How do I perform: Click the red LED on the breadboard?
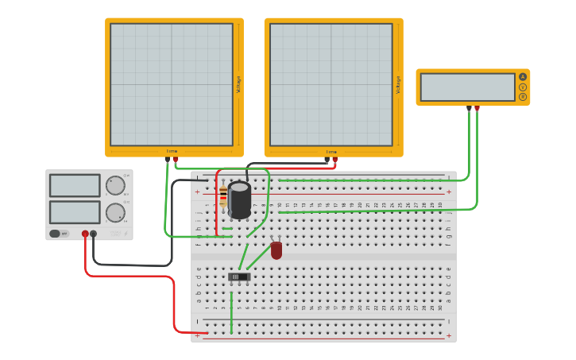pos(276,250)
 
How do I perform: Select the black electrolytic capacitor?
pos(240,199)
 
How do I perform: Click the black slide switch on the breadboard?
pos(238,277)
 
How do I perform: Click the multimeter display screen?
pos(467,87)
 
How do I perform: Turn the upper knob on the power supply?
pos(115,186)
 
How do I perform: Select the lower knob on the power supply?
pos(115,213)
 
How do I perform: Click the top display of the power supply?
pos(75,186)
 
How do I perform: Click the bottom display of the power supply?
pos(75,212)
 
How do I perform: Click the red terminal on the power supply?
pos(85,234)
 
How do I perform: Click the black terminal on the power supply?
pos(94,234)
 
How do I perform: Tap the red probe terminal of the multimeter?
pos(477,108)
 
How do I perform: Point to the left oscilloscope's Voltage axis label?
pos(238,84)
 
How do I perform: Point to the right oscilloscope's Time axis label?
pos(331,152)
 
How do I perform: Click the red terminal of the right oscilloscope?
pos(334,159)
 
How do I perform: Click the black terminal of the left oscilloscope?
pos(167,159)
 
